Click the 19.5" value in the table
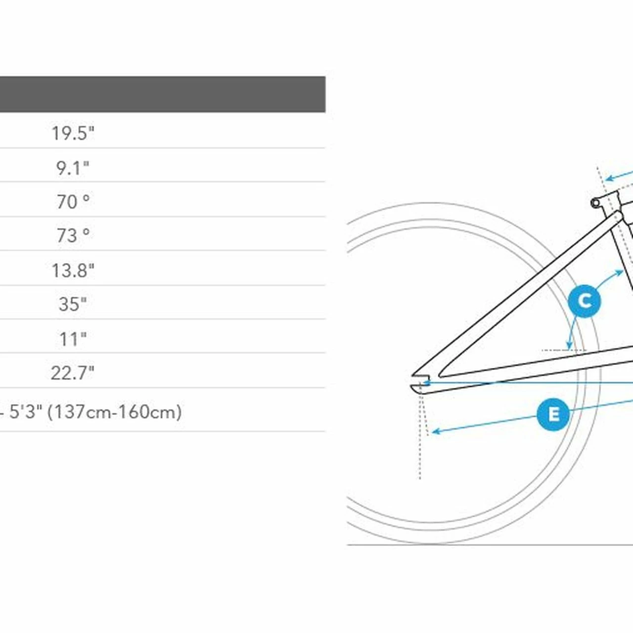pyautogui.click(x=73, y=133)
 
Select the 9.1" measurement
pyautogui.click(x=73, y=168)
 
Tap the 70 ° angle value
pyautogui.click(x=73, y=202)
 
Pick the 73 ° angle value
pyautogui.click(x=73, y=235)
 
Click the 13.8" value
pyautogui.click(x=73, y=271)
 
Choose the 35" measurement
pyautogui.click(x=73, y=304)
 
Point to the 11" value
pyautogui.click(x=73, y=339)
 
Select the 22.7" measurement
pyautogui.click(x=73, y=373)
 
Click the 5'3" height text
pyautogui.click(x=26, y=411)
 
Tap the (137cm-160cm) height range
pyautogui.click(x=115, y=412)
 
